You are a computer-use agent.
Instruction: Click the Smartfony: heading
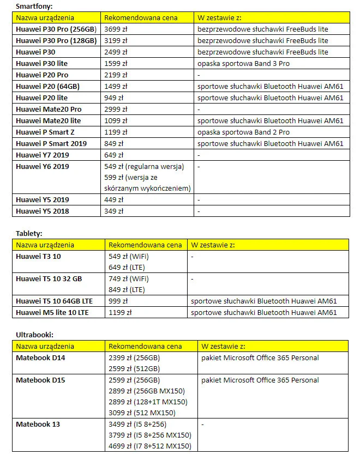coord(34,7)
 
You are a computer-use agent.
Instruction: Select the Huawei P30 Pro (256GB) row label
coord(56,29)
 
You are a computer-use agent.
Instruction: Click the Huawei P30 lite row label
coord(41,63)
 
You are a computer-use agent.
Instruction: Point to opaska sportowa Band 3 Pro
coord(243,63)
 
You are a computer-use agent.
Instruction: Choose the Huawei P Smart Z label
coord(47,132)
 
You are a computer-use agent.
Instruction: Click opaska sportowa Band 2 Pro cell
coord(243,132)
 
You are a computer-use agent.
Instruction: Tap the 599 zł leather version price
coord(147,177)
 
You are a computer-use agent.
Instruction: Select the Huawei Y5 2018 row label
coord(43,211)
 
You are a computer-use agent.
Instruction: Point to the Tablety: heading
coord(29,233)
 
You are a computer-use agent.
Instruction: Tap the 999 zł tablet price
coord(118,301)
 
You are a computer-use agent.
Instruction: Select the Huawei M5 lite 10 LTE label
coord(52,312)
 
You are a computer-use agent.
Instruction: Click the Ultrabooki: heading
coord(34,335)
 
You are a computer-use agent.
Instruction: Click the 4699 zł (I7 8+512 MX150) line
coord(150,446)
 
